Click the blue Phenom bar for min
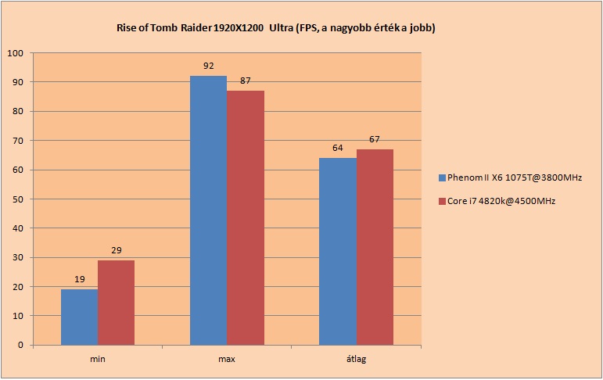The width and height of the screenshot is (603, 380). [79, 317]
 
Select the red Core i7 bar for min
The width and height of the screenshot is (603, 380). [116, 303]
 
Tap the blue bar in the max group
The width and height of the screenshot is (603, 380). [209, 210]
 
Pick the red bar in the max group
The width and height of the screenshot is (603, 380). [246, 217]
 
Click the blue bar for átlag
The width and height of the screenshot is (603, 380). [338, 252]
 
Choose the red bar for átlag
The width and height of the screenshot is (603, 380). [375, 247]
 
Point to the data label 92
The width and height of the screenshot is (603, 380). [209, 66]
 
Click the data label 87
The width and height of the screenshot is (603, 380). [246, 81]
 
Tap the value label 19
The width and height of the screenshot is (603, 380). [80, 279]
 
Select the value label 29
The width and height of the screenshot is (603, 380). [117, 250]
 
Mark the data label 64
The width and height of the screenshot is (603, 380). [338, 148]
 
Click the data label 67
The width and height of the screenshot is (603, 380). [375, 139]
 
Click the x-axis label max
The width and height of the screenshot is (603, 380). [227, 359]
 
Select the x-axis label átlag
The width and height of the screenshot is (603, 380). [357, 359]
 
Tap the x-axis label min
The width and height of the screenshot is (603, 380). [98, 359]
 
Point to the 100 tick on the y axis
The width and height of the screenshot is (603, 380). [16, 53]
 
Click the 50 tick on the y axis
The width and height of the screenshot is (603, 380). [18, 199]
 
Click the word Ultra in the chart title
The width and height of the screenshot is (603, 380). [281, 28]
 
